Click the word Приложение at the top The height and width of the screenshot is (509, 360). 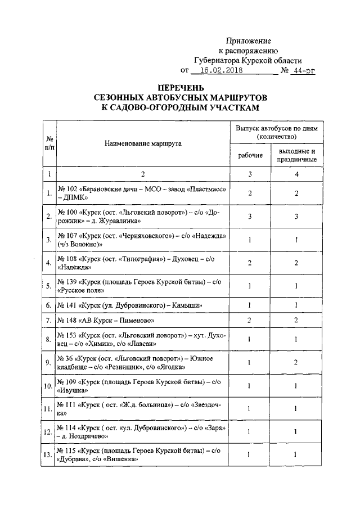[247, 41]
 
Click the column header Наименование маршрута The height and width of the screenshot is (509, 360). [143, 143]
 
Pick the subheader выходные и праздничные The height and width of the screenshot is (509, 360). [296, 155]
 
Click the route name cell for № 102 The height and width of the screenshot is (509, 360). [143, 195]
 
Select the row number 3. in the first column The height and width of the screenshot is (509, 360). [49, 240]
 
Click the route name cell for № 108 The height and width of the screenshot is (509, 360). [143, 263]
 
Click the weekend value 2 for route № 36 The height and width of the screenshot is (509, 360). [296, 363]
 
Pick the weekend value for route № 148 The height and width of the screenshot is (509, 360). [296, 319]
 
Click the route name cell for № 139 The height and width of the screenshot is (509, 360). [143, 286]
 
